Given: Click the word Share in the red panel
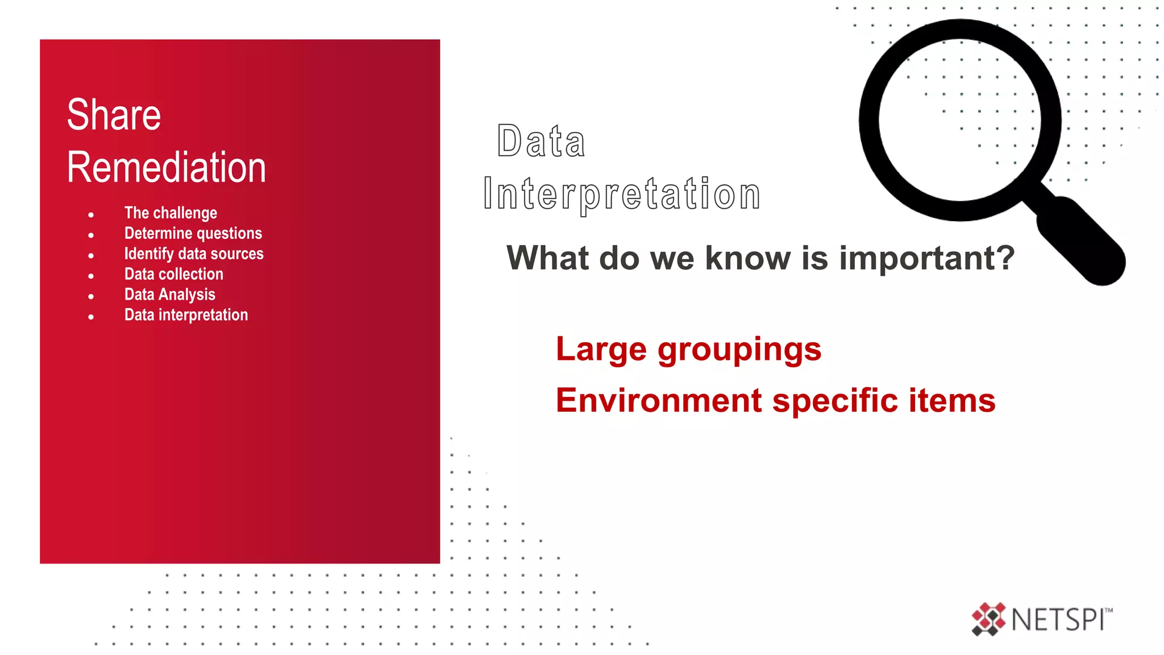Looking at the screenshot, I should (x=114, y=115).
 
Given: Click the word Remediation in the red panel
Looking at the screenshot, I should (x=166, y=168).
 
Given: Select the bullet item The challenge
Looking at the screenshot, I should (x=171, y=213).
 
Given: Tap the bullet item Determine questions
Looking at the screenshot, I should (x=193, y=233).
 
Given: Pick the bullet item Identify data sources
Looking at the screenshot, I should (x=194, y=254).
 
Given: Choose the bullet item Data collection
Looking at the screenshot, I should (x=174, y=274).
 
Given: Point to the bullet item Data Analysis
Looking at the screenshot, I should (x=170, y=295).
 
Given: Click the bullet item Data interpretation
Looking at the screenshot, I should (x=186, y=315).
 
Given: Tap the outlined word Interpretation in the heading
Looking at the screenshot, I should (x=621, y=194).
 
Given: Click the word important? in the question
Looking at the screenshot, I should (x=926, y=259).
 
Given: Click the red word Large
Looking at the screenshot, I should (x=601, y=350).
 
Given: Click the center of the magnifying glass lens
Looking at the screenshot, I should (x=960, y=120).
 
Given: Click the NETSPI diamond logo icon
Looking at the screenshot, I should (x=988, y=619).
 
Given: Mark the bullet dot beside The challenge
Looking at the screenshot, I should (x=91, y=215).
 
